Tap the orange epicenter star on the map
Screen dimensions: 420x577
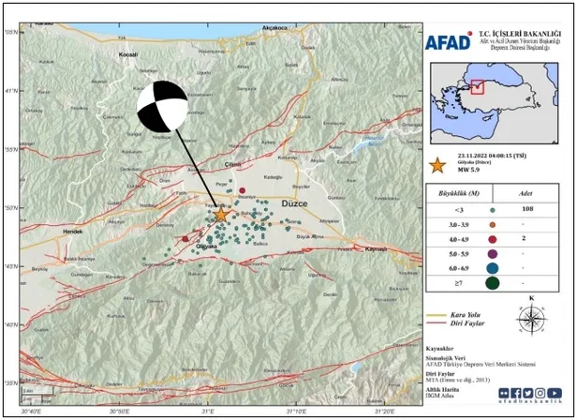pos(221,215)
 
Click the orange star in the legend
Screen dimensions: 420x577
pos(436,165)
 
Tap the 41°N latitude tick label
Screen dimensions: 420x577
pos(10,91)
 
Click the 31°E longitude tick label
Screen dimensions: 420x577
pos(208,411)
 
